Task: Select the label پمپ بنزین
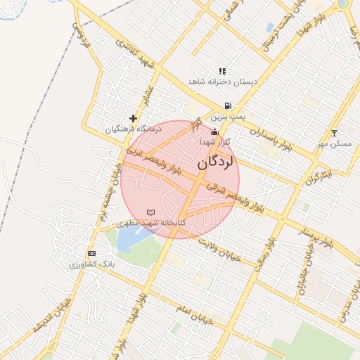tap(228, 116)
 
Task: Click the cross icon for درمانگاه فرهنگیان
tap(133, 118)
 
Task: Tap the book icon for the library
tap(150, 212)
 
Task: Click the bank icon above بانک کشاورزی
tap(91, 253)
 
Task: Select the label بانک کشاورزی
tap(91, 264)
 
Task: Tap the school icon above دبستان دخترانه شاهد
tap(222, 71)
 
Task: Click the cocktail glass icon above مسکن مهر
tap(334, 133)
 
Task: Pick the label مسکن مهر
tap(334, 143)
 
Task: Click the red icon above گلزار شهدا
tap(214, 131)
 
